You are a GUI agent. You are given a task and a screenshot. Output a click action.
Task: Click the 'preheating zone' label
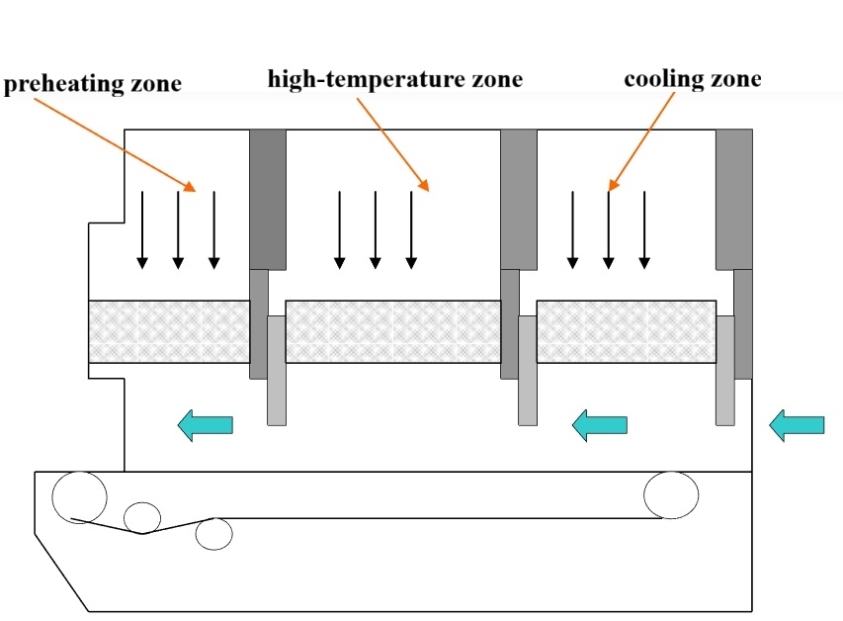coord(93,83)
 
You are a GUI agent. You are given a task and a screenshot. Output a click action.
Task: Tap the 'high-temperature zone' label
coord(394,78)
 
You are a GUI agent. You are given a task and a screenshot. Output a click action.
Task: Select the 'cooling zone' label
coord(692,79)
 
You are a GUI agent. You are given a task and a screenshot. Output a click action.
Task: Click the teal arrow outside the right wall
coord(796,425)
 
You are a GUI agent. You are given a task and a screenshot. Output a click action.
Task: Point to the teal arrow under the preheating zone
coord(205,425)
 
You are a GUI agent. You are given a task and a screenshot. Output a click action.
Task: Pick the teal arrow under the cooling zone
coord(600,425)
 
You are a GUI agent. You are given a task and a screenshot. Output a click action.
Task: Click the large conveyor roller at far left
coord(79,496)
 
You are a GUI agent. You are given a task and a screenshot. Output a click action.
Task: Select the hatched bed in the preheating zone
coord(168,331)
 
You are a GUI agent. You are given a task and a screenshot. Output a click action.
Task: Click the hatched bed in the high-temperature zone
coord(392,331)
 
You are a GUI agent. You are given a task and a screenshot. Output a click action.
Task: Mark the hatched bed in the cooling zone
coord(626,331)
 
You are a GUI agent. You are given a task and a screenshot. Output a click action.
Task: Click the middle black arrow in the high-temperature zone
coord(376,229)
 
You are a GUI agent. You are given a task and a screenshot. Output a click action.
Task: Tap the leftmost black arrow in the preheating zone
coord(142,229)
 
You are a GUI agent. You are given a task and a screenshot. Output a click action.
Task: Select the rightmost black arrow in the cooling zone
coord(644,229)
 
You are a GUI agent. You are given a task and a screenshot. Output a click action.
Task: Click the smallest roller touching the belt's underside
coord(142,517)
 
